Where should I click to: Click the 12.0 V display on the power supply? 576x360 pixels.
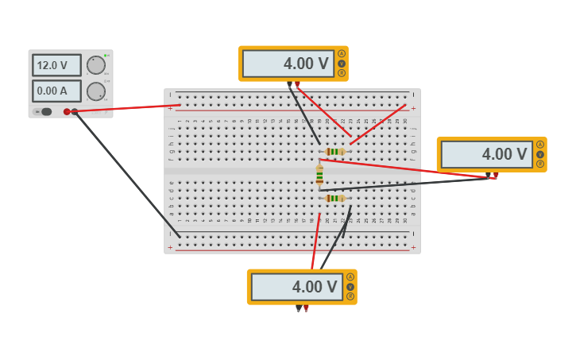click(56, 65)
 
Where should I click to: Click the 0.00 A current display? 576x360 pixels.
click(56, 91)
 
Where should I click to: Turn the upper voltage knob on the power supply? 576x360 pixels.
click(96, 65)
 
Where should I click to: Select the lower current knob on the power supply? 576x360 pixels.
click(96, 91)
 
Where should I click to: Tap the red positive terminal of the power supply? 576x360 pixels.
click(67, 112)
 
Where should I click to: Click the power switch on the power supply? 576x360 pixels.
click(45, 112)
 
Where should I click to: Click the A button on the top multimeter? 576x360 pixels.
click(342, 54)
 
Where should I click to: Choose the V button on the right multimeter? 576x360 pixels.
click(540, 154)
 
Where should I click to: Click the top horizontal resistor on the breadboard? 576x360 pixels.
click(334, 151)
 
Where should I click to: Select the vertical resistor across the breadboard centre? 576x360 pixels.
click(319, 175)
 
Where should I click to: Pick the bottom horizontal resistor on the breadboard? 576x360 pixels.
click(334, 198)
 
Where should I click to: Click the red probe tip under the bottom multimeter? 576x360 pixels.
click(306, 308)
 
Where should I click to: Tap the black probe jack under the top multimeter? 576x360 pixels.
click(289, 83)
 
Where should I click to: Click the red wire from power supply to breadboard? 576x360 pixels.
click(127, 108)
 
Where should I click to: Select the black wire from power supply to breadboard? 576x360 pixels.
click(127, 174)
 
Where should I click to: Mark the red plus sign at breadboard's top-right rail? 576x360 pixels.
click(413, 108)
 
